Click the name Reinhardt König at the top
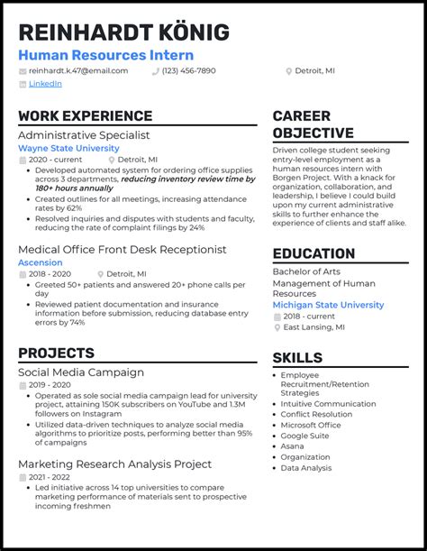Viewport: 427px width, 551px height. click(123, 32)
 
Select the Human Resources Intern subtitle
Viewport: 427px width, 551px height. click(105, 56)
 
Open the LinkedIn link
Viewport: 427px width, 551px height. click(45, 84)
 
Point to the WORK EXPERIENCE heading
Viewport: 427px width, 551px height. click(85, 116)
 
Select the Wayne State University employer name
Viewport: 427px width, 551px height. click(68, 148)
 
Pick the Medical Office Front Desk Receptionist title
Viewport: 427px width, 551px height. click(122, 249)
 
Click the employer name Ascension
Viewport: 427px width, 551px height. click(41, 262)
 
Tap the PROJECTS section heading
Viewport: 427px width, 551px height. click(56, 354)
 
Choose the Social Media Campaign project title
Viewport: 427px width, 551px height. click(81, 372)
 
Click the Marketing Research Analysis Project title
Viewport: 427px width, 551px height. click(114, 464)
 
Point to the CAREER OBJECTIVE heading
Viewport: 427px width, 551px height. click(314, 124)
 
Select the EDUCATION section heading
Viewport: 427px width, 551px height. click(314, 254)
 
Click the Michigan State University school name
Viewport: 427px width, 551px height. click(328, 305)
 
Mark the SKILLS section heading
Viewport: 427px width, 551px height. click(297, 358)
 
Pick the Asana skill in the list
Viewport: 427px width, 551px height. click(293, 445)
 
